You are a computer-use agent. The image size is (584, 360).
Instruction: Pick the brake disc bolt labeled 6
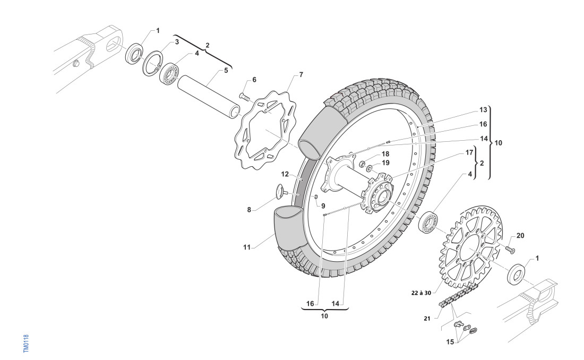click(x=245, y=97)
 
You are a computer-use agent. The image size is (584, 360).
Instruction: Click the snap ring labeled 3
click(x=152, y=64)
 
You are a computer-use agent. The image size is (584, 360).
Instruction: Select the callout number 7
click(x=301, y=74)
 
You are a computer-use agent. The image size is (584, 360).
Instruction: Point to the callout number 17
click(x=469, y=152)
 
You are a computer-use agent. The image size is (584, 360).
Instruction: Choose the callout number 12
click(x=285, y=174)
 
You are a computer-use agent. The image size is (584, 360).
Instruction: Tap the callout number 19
click(x=386, y=162)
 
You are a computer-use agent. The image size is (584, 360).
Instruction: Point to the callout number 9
click(x=323, y=205)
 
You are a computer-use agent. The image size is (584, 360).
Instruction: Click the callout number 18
click(x=385, y=153)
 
